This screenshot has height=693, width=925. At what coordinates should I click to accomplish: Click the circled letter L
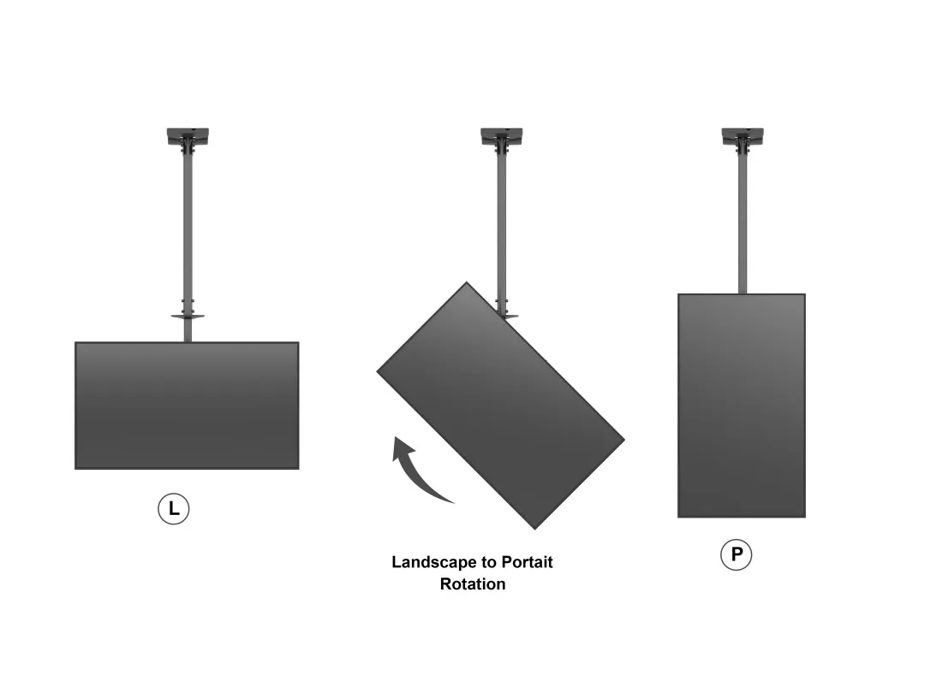tap(174, 509)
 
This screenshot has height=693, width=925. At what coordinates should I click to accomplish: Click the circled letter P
tap(736, 555)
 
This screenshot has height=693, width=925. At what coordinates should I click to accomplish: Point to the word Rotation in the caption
tap(473, 584)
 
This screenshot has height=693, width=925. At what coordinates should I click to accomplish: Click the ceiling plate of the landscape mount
tap(188, 135)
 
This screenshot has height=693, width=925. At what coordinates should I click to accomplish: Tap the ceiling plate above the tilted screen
tap(501, 135)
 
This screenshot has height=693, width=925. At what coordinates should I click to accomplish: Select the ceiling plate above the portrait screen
tap(742, 135)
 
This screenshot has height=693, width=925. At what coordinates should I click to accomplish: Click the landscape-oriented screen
tap(187, 406)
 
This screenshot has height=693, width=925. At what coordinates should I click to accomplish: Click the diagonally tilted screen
tap(500, 406)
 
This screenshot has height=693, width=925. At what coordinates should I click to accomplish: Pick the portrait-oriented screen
tap(742, 406)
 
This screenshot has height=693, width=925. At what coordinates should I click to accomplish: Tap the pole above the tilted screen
tap(501, 222)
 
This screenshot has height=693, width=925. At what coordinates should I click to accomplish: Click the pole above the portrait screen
tap(742, 222)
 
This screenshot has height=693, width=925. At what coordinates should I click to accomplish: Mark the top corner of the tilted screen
tap(467, 284)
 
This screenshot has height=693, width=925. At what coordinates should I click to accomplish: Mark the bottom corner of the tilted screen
tap(535, 527)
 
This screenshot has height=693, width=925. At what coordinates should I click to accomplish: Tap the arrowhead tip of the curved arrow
tap(396, 438)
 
